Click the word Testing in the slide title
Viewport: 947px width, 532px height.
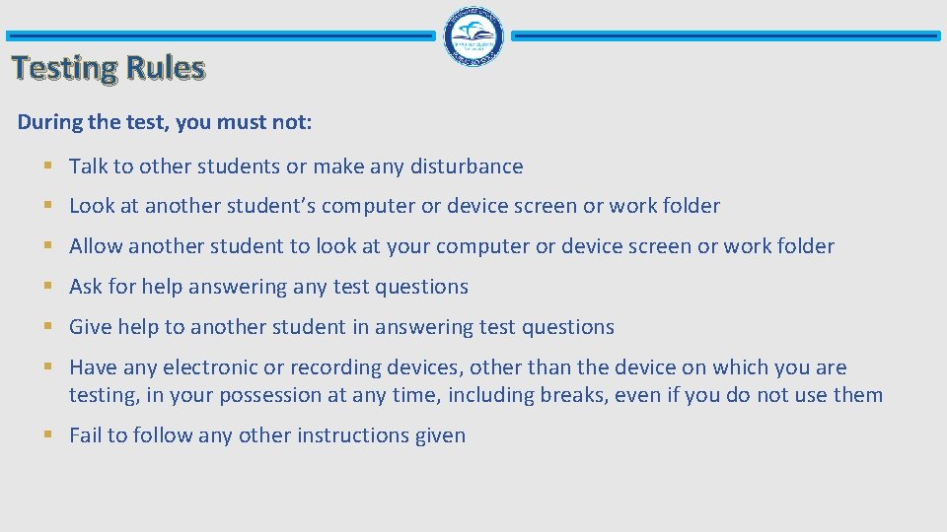(x=64, y=68)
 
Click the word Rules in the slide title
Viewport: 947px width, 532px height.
(x=165, y=68)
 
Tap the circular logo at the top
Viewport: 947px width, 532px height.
(x=473, y=35)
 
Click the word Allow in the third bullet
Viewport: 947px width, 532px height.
(x=96, y=246)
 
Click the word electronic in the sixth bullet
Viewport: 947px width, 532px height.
(x=209, y=367)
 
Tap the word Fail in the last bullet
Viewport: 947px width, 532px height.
(x=85, y=435)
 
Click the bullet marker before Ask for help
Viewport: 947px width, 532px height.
(x=48, y=287)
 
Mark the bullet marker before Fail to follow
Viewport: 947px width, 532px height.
(x=48, y=435)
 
